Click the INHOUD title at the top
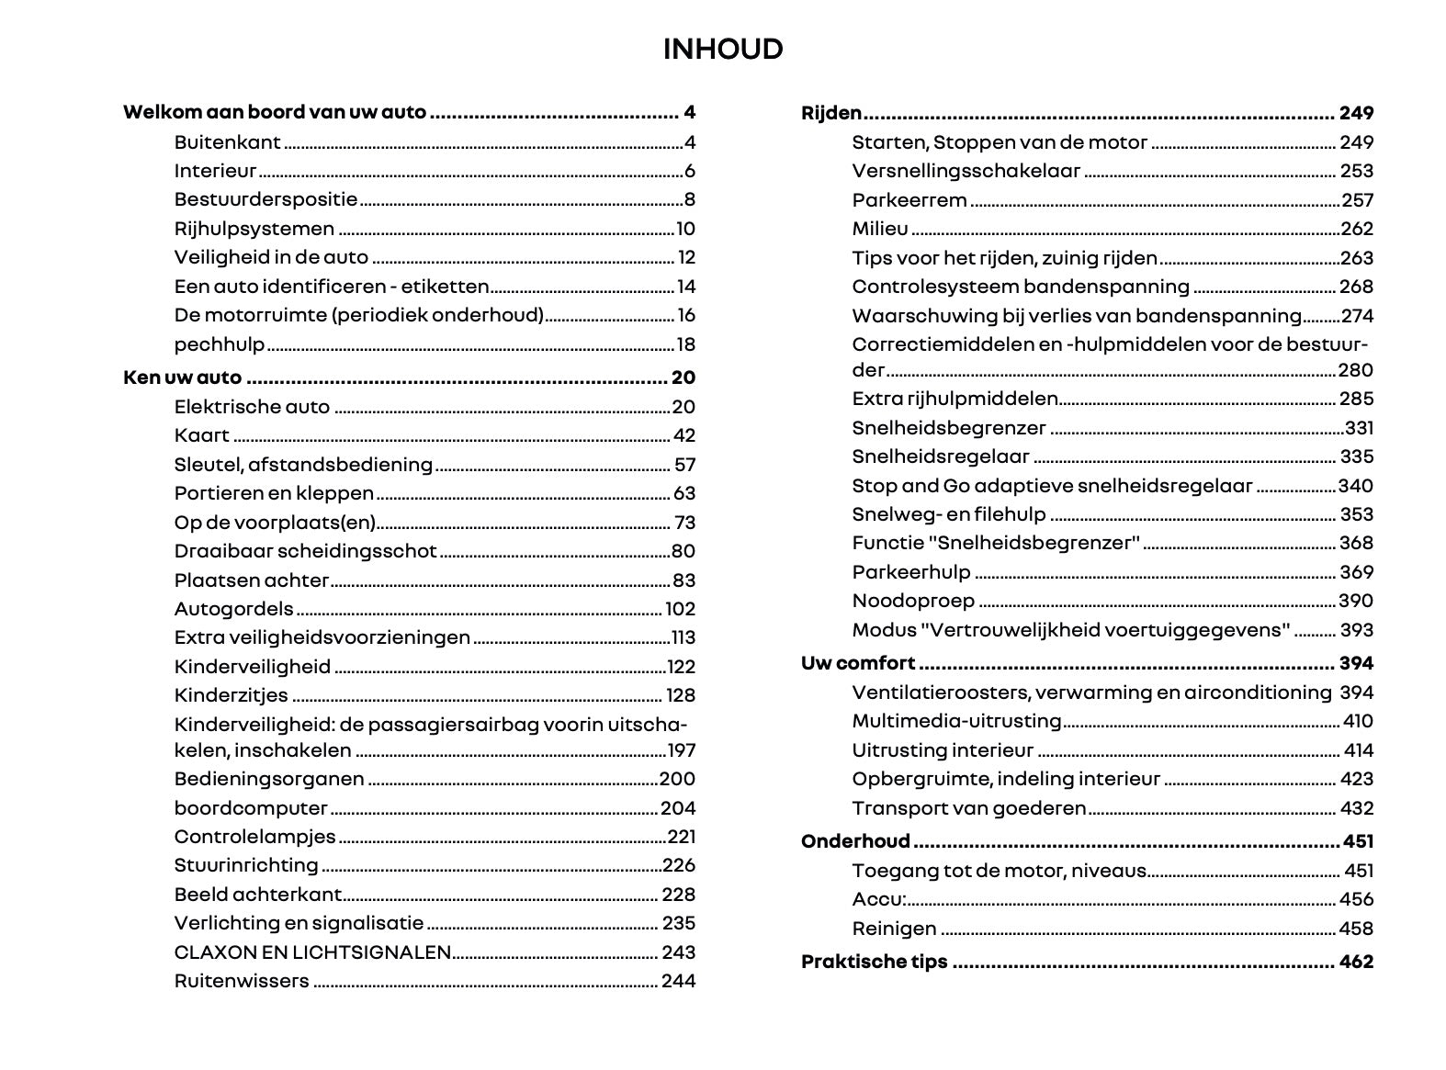(723, 49)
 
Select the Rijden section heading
(831, 113)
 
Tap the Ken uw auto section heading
(182, 377)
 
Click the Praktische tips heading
(874, 962)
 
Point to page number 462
(1356, 962)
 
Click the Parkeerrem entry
(909, 200)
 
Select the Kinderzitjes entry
(231, 695)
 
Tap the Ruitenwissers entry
(242, 981)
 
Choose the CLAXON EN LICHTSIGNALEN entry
(312, 952)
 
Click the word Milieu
(880, 229)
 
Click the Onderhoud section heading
(855, 841)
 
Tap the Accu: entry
(878, 899)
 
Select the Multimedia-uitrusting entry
(956, 721)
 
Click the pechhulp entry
(220, 344)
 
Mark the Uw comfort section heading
(858, 663)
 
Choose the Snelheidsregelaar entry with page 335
(941, 456)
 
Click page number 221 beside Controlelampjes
(681, 837)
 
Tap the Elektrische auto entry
(252, 407)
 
